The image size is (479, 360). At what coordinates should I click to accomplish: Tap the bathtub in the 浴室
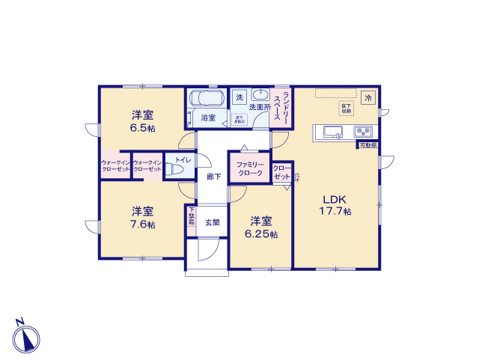coord(207,98)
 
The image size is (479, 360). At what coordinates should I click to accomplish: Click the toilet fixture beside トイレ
coord(174,171)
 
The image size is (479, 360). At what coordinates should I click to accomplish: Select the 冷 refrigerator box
coord(367,97)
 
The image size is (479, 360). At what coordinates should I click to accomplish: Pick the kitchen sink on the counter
coord(333,132)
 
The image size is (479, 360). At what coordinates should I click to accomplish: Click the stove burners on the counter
coord(364,132)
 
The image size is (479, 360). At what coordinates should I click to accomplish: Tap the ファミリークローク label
coord(250,168)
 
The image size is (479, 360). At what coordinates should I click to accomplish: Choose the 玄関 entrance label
coord(213,222)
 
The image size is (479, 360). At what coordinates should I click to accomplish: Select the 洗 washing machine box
coord(239,97)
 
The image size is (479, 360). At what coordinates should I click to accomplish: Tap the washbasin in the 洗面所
coord(260,95)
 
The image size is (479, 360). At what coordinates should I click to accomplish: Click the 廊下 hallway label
coord(213,176)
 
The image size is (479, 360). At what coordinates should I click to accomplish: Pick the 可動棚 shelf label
coord(367,144)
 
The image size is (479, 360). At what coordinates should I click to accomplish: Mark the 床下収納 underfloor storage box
coord(346,109)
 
